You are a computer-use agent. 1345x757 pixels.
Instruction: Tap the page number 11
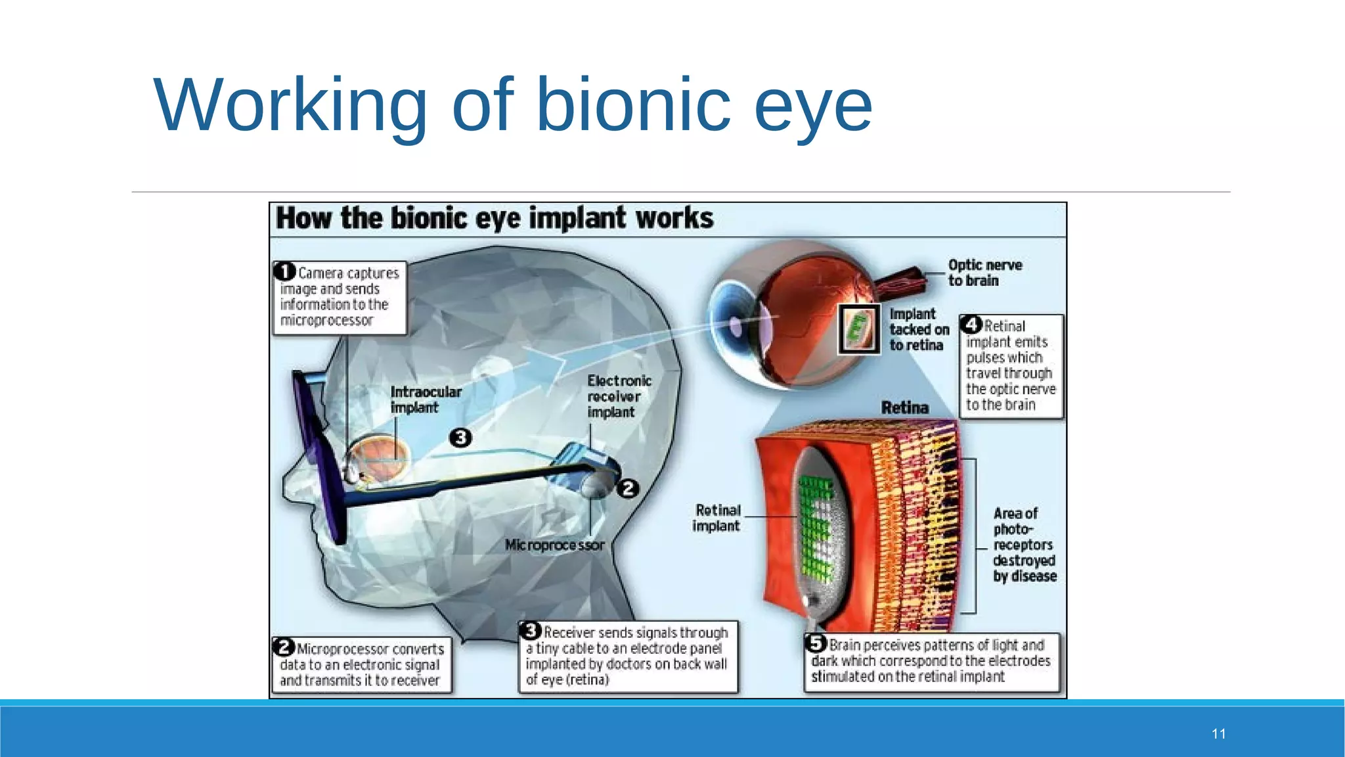(x=1219, y=734)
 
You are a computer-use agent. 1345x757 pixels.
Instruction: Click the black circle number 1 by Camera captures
(x=285, y=271)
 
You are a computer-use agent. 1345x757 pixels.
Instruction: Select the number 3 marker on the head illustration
(x=460, y=438)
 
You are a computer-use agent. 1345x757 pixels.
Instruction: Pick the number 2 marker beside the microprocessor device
(x=628, y=488)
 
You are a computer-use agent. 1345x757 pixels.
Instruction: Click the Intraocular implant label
(x=425, y=400)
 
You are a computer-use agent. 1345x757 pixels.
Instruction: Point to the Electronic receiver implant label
(x=618, y=396)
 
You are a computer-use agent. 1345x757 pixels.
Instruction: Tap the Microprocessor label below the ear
(x=554, y=545)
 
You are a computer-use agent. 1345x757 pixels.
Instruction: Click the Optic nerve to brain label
(x=984, y=273)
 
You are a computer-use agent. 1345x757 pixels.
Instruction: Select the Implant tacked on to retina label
(x=918, y=329)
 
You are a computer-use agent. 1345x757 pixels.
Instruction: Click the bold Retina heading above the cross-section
(x=904, y=407)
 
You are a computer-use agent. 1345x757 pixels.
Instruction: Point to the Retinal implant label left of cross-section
(x=717, y=518)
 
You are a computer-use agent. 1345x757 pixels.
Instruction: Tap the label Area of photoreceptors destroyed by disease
(x=1023, y=544)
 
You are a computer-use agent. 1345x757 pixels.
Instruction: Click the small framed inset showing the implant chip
(x=859, y=329)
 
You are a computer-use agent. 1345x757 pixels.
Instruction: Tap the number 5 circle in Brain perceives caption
(x=816, y=643)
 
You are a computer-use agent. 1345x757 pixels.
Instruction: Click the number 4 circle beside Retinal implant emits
(x=971, y=325)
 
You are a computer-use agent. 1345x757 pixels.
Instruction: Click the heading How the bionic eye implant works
(x=495, y=218)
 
